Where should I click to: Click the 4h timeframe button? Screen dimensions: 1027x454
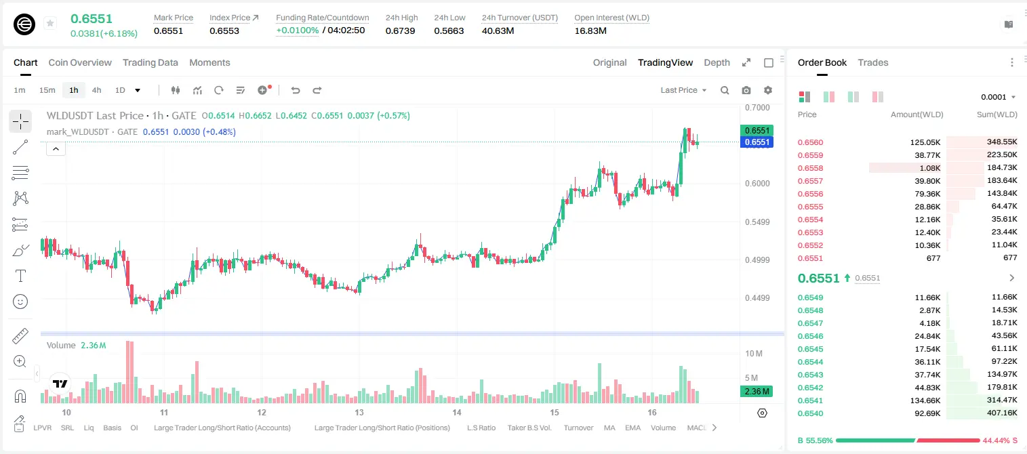pyautogui.click(x=96, y=90)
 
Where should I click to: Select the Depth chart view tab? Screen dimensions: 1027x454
pyautogui.click(x=717, y=62)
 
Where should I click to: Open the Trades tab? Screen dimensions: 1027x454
pyautogui.click(x=873, y=62)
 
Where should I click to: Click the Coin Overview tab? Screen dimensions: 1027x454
pyautogui.click(x=80, y=62)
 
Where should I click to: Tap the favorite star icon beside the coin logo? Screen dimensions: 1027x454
pyautogui.click(x=50, y=23)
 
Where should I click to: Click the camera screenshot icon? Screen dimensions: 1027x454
pyautogui.click(x=746, y=90)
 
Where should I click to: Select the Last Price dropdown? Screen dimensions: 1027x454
pyautogui.click(x=683, y=90)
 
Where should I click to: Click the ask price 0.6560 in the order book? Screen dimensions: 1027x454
pyautogui.click(x=810, y=142)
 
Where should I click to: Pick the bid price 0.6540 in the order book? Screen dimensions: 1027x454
pyautogui.click(x=810, y=413)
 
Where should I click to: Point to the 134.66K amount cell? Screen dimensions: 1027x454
pyautogui.click(x=925, y=400)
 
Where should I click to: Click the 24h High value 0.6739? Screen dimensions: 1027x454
pyautogui.click(x=400, y=30)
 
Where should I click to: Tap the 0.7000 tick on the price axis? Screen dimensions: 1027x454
pyautogui.click(x=757, y=108)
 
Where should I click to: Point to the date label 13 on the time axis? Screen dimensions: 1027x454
pyautogui.click(x=359, y=412)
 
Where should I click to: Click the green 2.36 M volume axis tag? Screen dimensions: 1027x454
pyautogui.click(x=757, y=391)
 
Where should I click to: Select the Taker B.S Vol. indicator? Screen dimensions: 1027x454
pyautogui.click(x=529, y=428)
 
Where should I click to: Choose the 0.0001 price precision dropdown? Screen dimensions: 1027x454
pyautogui.click(x=998, y=97)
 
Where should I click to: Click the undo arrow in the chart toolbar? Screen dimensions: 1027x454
pyautogui.click(x=296, y=90)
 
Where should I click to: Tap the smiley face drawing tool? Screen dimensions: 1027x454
pyautogui.click(x=20, y=302)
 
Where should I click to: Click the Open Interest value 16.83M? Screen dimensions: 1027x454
pyautogui.click(x=590, y=30)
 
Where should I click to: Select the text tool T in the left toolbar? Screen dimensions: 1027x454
pyautogui.click(x=20, y=276)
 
